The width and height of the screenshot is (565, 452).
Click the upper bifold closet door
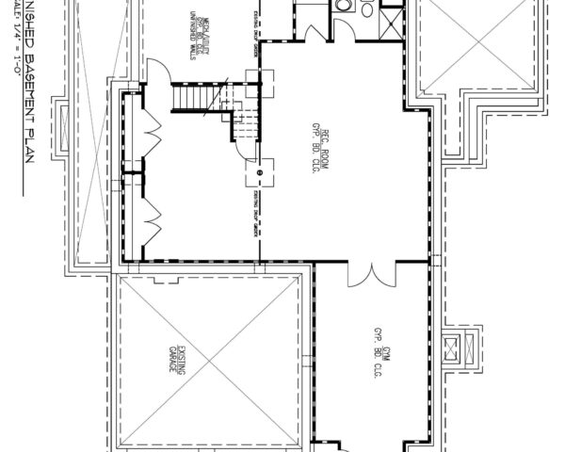pyautogui.click(x=143, y=132)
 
